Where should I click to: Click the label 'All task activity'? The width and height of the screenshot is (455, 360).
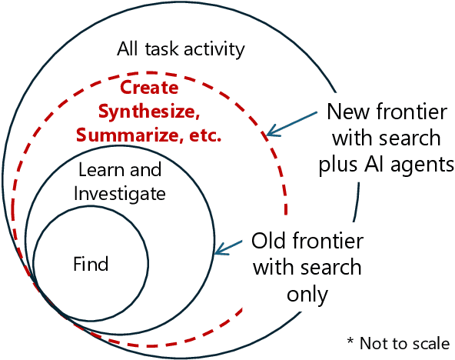181,50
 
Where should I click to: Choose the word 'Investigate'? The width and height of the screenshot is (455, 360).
119,194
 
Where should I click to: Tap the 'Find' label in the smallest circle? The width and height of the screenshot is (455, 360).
91,265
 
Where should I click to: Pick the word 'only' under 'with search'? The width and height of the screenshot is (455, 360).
307,294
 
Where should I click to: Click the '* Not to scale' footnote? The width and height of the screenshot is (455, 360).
398,342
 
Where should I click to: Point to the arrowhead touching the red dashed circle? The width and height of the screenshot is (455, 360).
268,135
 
